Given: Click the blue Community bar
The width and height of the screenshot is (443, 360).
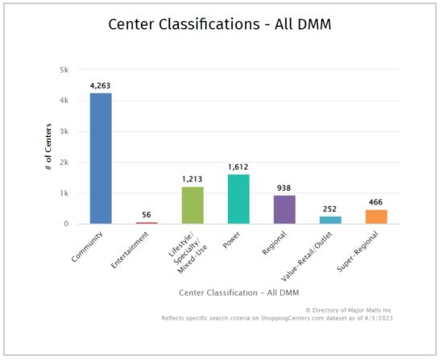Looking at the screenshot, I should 101,159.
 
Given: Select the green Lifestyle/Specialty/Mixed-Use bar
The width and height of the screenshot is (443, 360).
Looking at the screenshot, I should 193,205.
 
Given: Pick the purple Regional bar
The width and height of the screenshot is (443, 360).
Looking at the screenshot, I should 284,209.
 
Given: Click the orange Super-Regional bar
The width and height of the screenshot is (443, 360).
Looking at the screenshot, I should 376,217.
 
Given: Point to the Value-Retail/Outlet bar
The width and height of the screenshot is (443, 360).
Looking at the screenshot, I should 330,220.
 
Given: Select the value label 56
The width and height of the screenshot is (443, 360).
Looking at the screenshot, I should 147,215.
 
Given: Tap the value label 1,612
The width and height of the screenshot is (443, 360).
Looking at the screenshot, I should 238,167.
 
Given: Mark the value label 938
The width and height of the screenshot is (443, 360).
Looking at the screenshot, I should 284,188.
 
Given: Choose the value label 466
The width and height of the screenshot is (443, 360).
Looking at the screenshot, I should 376,202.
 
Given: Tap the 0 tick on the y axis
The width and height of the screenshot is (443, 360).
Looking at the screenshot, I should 66,224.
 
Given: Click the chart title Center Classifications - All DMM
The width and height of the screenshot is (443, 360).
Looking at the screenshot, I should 221,25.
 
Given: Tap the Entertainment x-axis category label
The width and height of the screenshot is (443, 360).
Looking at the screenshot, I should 134,249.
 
